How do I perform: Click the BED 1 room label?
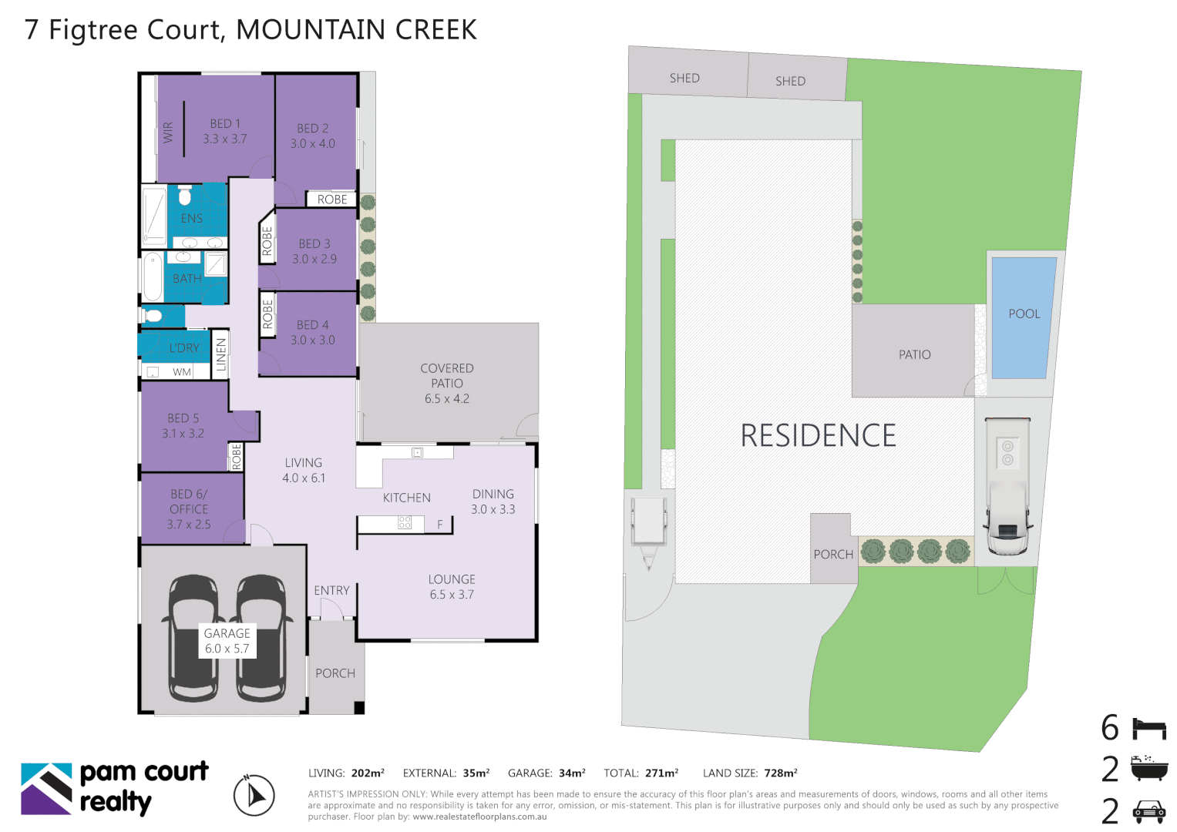[225, 131]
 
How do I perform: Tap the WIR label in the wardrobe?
[168, 133]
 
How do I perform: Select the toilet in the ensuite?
[184, 196]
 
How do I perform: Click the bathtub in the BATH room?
[153, 276]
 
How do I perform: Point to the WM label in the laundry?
[182, 372]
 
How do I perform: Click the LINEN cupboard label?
[220, 354]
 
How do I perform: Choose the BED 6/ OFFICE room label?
[189, 509]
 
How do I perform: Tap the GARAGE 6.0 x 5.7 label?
[227, 641]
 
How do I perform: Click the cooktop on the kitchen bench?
[405, 522]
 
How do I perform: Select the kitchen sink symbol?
[417, 452]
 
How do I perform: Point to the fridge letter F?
[440, 524]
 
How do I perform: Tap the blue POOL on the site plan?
[1024, 317]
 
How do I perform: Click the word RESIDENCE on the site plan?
[818, 435]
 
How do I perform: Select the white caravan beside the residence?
[1007, 486]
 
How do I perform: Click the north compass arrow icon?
[254, 795]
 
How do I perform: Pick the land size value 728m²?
[781, 773]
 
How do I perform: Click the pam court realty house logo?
[46, 788]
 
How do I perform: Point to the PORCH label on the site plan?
[833, 554]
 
